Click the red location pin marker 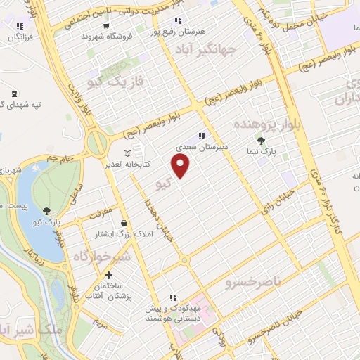[x=181, y=165]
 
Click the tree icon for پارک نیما [x=262, y=141]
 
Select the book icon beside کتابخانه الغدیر [x=127, y=154]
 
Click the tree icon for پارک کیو [x=46, y=210]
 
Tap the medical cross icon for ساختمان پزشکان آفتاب [x=108, y=276]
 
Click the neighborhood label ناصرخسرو [x=252, y=283]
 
